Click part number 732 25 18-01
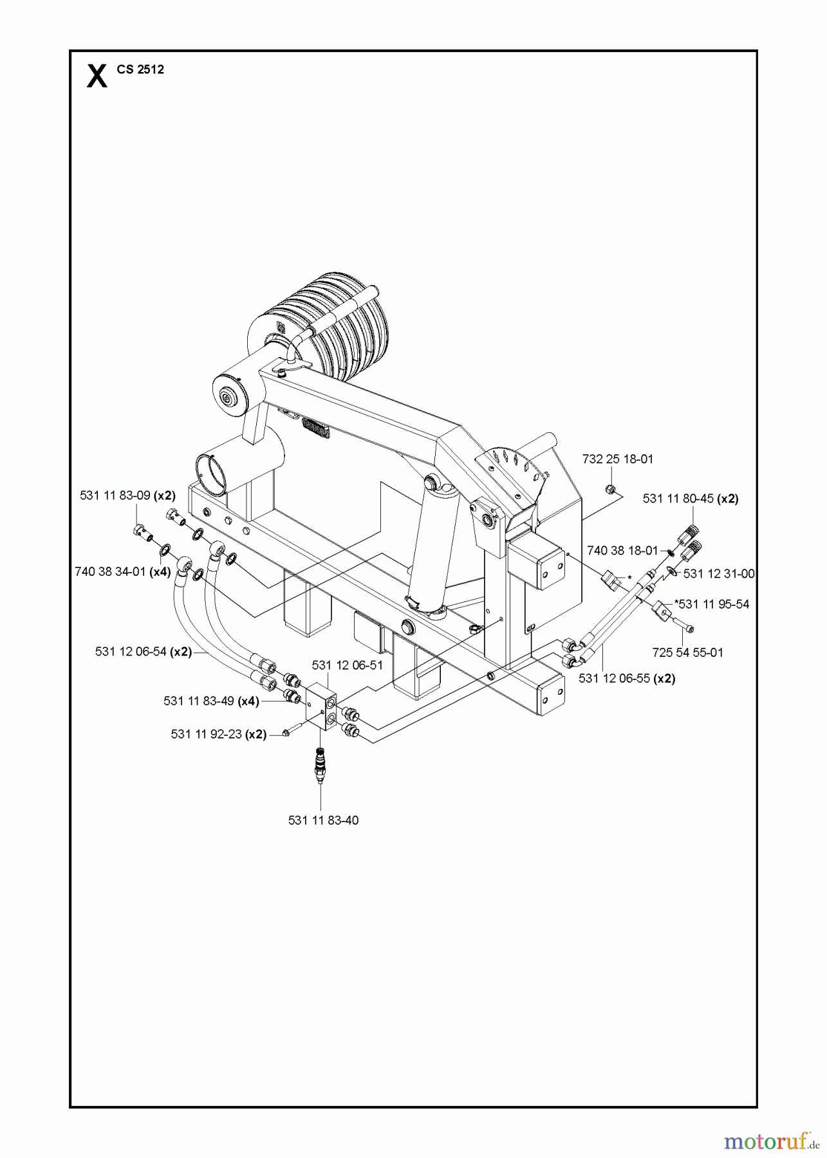[x=617, y=459]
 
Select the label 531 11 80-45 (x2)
[x=690, y=499]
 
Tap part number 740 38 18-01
[x=622, y=551]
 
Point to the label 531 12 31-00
[x=719, y=574]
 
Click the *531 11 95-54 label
[x=711, y=605]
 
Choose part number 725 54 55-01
[x=687, y=652]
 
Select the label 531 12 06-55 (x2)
[x=627, y=678]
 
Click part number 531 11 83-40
[x=323, y=820]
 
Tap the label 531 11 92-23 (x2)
[x=219, y=734]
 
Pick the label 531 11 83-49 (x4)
[x=211, y=701]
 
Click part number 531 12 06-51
[x=347, y=665]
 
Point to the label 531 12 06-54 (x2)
[x=144, y=651]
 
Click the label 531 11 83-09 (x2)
[x=127, y=495]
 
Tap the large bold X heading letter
[x=97, y=76]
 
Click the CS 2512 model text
[x=140, y=69]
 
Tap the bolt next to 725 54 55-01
[x=685, y=627]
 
